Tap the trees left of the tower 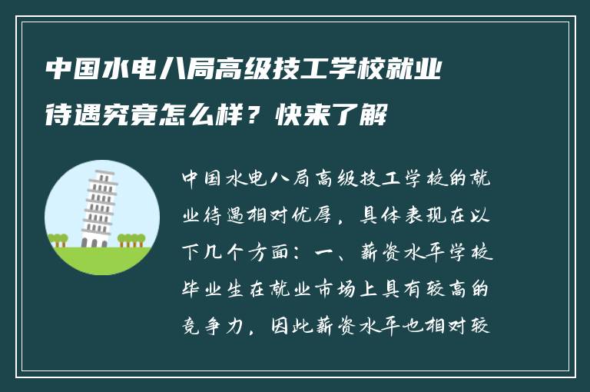58,239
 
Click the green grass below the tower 101,260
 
